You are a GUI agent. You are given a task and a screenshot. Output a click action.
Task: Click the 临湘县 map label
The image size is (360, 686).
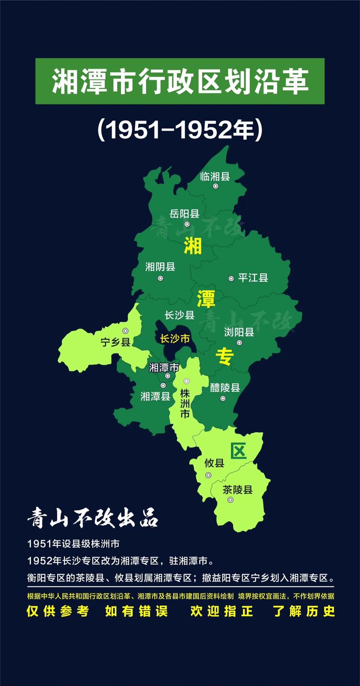point(215,176)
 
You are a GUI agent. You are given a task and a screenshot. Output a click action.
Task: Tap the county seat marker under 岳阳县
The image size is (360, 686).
point(187,224)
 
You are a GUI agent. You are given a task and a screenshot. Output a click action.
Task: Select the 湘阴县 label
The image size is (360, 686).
point(160,267)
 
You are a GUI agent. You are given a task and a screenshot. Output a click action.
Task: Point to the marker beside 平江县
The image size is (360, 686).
point(231,279)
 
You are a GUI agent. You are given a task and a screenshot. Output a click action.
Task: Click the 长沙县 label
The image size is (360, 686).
point(179,315)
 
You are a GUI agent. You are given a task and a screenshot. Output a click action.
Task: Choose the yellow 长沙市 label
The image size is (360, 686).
point(175,338)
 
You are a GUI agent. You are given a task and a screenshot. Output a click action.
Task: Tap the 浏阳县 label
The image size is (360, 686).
point(239,332)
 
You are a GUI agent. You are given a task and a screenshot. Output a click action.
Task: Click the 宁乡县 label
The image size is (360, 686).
point(115,342)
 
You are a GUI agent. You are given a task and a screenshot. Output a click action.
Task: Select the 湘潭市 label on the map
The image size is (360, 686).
point(164,367)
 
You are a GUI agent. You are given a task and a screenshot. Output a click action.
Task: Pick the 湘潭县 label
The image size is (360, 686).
point(155,396)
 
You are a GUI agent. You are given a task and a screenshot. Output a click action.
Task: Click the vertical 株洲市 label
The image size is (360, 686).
point(184,403)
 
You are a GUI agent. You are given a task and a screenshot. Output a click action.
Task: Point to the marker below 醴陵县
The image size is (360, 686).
point(223,398)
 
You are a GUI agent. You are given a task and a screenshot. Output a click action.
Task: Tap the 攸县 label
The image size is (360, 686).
point(214,462)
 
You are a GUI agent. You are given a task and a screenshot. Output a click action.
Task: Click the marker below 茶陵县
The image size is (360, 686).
point(230,500)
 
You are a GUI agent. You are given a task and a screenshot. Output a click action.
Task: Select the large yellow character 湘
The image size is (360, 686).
point(193,246)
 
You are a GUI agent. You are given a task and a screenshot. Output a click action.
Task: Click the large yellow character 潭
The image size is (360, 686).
point(206,298)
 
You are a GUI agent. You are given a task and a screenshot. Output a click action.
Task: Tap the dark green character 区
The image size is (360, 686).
point(238,451)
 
